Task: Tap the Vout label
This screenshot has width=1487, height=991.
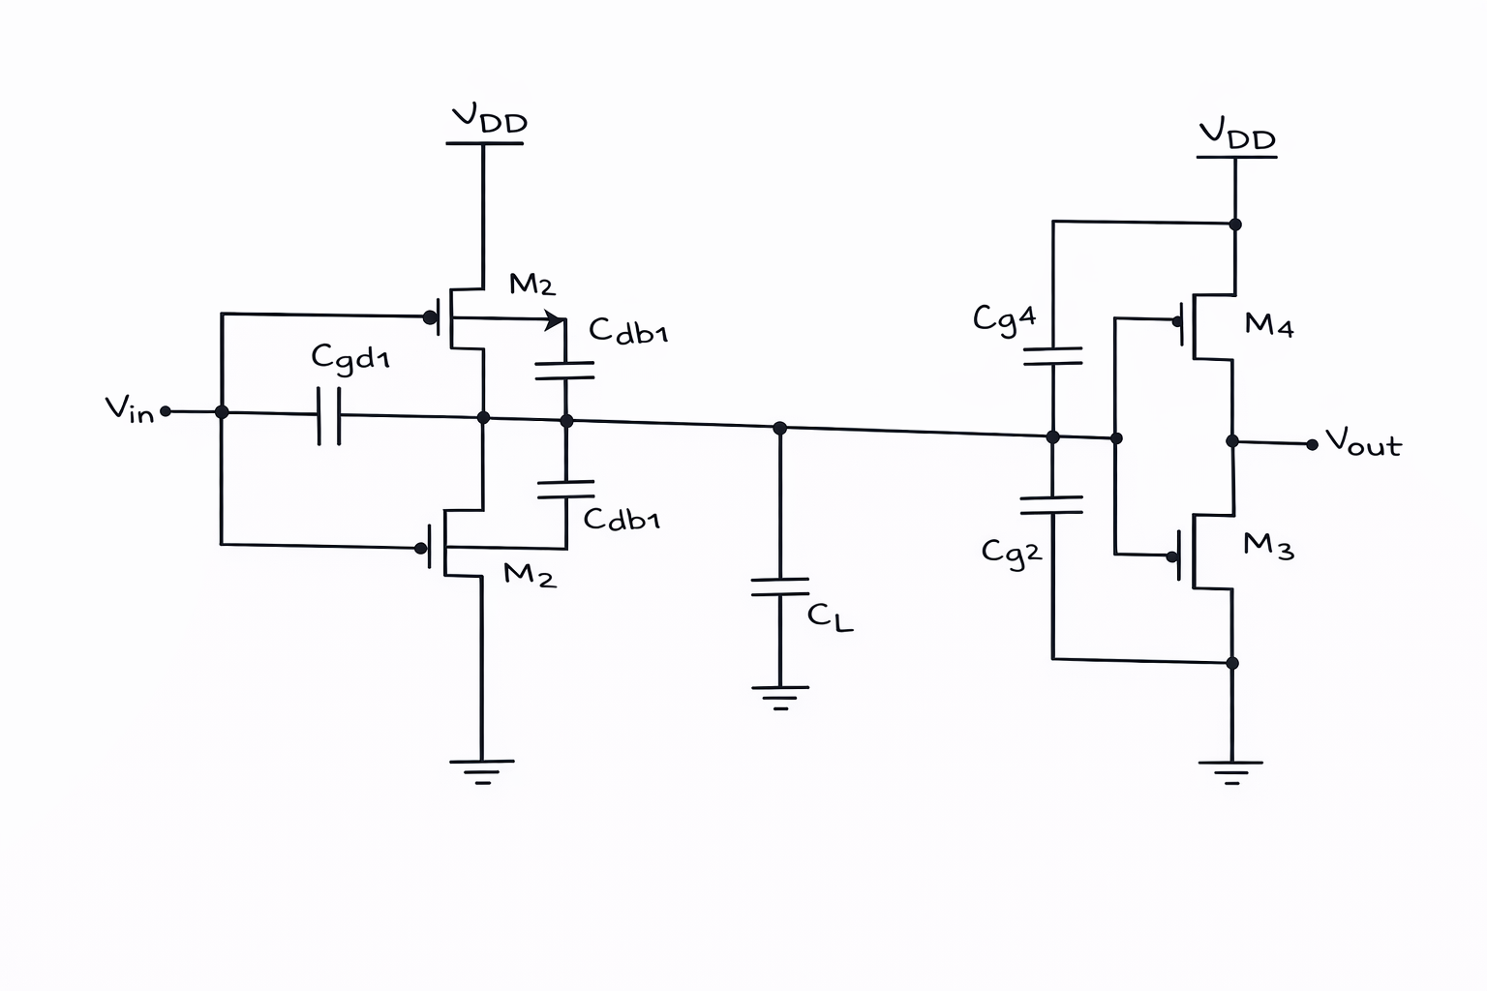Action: [x=1363, y=442]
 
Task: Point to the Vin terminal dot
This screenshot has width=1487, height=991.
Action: [x=166, y=411]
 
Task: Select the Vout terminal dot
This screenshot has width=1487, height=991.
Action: [x=1312, y=445]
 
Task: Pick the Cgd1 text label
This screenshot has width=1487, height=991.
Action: [x=349, y=358]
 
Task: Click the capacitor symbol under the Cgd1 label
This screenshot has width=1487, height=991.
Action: [x=329, y=415]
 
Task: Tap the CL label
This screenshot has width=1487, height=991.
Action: [x=830, y=617]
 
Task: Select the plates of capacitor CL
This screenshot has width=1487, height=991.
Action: [x=780, y=586]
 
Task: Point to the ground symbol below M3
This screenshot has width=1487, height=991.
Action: [x=1231, y=772]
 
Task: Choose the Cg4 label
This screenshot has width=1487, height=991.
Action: [x=1004, y=319]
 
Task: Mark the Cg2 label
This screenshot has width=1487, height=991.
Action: [x=1011, y=553]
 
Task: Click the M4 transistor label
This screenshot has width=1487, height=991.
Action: [x=1268, y=324]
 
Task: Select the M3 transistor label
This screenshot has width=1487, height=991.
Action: [x=1268, y=546]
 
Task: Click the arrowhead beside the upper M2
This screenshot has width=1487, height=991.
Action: [x=555, y=320]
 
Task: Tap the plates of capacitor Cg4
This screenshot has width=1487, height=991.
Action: [x=1053, y=356]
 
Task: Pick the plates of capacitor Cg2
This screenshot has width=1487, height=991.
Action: [x=1051, y=505]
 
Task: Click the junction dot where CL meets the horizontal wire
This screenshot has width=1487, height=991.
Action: [x=780, y=428]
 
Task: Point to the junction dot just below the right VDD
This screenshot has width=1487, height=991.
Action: [x=1234, y=225]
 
